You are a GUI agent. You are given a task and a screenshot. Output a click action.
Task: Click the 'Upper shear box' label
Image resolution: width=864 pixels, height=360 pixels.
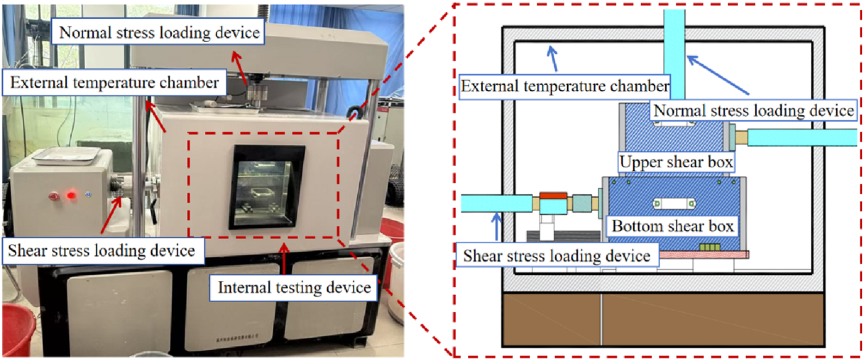pos(676,163)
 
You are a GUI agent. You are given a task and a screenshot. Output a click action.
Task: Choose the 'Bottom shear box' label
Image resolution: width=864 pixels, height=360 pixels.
pos(672,226)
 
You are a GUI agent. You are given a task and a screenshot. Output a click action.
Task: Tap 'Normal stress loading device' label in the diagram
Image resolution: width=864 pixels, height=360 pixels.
pos(753,111)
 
